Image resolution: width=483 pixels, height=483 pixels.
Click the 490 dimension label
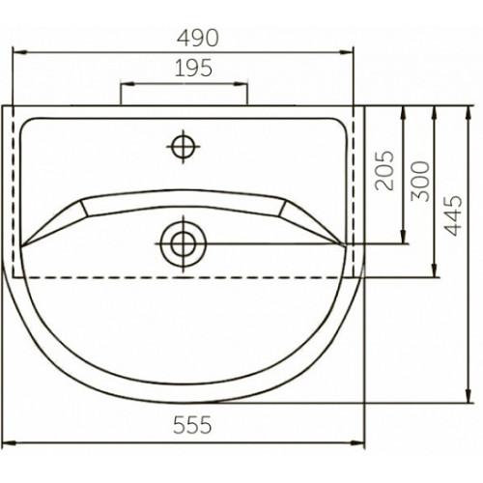pos(198,39)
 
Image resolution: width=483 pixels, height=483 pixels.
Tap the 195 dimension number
pos(193,68)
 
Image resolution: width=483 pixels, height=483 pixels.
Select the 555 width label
pos(192,425)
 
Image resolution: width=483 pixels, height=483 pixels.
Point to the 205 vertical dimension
pos(385,170)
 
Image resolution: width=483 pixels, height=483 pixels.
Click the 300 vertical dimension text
pos(420,182)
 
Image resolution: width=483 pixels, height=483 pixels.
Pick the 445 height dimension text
pos(453,215)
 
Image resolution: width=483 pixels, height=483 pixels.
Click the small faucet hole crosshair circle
pos(184,147)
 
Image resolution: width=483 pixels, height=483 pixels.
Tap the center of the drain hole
pos(184,243)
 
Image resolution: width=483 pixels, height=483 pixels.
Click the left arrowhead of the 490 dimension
pos(18,52)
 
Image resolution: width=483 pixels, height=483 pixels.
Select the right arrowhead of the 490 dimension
pos(347,52)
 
